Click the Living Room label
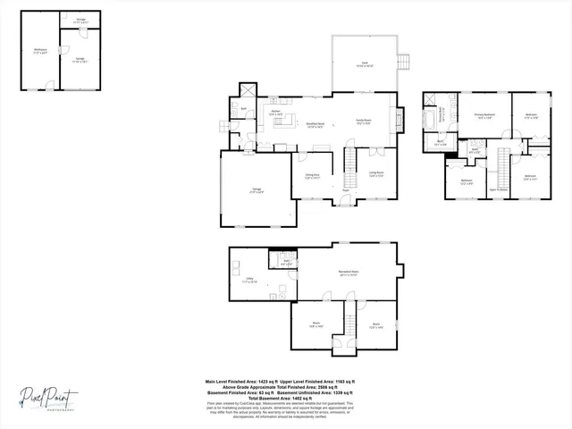[x=376, y=174]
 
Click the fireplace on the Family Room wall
[x=400, y=118]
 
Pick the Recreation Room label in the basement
[x=348, y=273]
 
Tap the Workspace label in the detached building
[x=40, y=51]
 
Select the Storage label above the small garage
[x=81, y=20]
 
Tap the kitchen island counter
[x=283, y=122]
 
